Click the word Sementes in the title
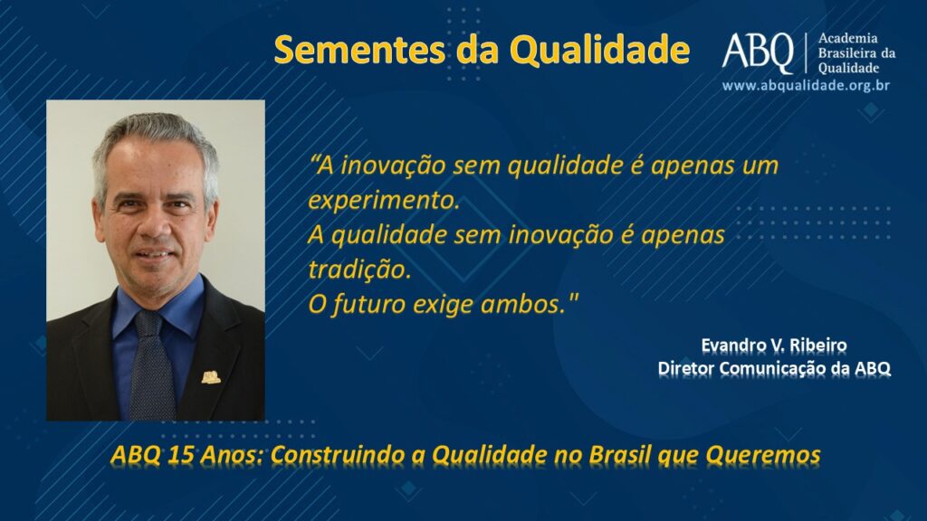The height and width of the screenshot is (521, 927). coord(359,50)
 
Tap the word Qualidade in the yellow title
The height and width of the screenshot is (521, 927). coord(599,50)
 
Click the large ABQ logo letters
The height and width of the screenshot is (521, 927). coord(758,52)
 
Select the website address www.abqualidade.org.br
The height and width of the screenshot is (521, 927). coord(806,86)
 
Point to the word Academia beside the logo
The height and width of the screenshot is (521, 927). coord(847,38)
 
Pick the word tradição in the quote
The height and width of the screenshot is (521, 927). coord(359,270)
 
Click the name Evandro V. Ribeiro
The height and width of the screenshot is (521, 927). coord(774,345)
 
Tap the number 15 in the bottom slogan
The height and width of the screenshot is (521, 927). coord(180,455)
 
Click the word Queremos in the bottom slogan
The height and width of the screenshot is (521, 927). coord(762,456)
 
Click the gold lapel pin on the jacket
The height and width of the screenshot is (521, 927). coord(211,377)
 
